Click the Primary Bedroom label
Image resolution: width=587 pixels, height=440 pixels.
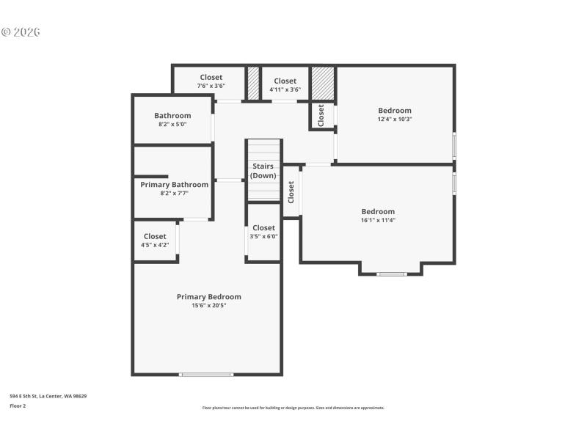[x=208, y=297]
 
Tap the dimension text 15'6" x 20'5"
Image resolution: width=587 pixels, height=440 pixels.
[x=208, y=306]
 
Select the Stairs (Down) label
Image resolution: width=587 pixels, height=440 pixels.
[x=263, y=171]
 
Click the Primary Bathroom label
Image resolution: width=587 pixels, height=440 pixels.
[x=174, y=185]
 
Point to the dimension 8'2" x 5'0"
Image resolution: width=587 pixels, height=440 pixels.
[x=172, y=125]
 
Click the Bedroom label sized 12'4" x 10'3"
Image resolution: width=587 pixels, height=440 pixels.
[x=395, y=111]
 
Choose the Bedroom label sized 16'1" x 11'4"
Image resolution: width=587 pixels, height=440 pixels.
[x=378, y=212]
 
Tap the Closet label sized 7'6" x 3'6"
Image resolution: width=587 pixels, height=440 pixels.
[x=211, y=78]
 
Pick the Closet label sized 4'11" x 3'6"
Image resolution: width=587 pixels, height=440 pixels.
[x=285, y=81]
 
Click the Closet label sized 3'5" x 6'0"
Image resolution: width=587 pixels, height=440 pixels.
[x=263, y=228]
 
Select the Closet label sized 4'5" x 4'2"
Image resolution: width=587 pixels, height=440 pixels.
[x=155, y=237]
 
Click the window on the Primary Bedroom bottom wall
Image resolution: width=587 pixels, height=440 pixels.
[x=207, y=375]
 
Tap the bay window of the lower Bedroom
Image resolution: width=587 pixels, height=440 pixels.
[x=391, y=274]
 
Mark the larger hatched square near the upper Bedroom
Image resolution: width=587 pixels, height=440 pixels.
[x=323, y=82]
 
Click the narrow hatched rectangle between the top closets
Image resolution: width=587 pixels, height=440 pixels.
[x=253, y=82]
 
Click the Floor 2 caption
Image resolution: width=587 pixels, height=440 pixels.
[x=18, y=406]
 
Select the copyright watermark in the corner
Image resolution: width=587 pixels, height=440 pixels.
[x=20, y=32]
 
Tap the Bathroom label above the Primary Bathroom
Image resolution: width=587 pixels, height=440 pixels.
[x=172, y=116]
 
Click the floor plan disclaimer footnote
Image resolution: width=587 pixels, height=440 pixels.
[x=293, y=408]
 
